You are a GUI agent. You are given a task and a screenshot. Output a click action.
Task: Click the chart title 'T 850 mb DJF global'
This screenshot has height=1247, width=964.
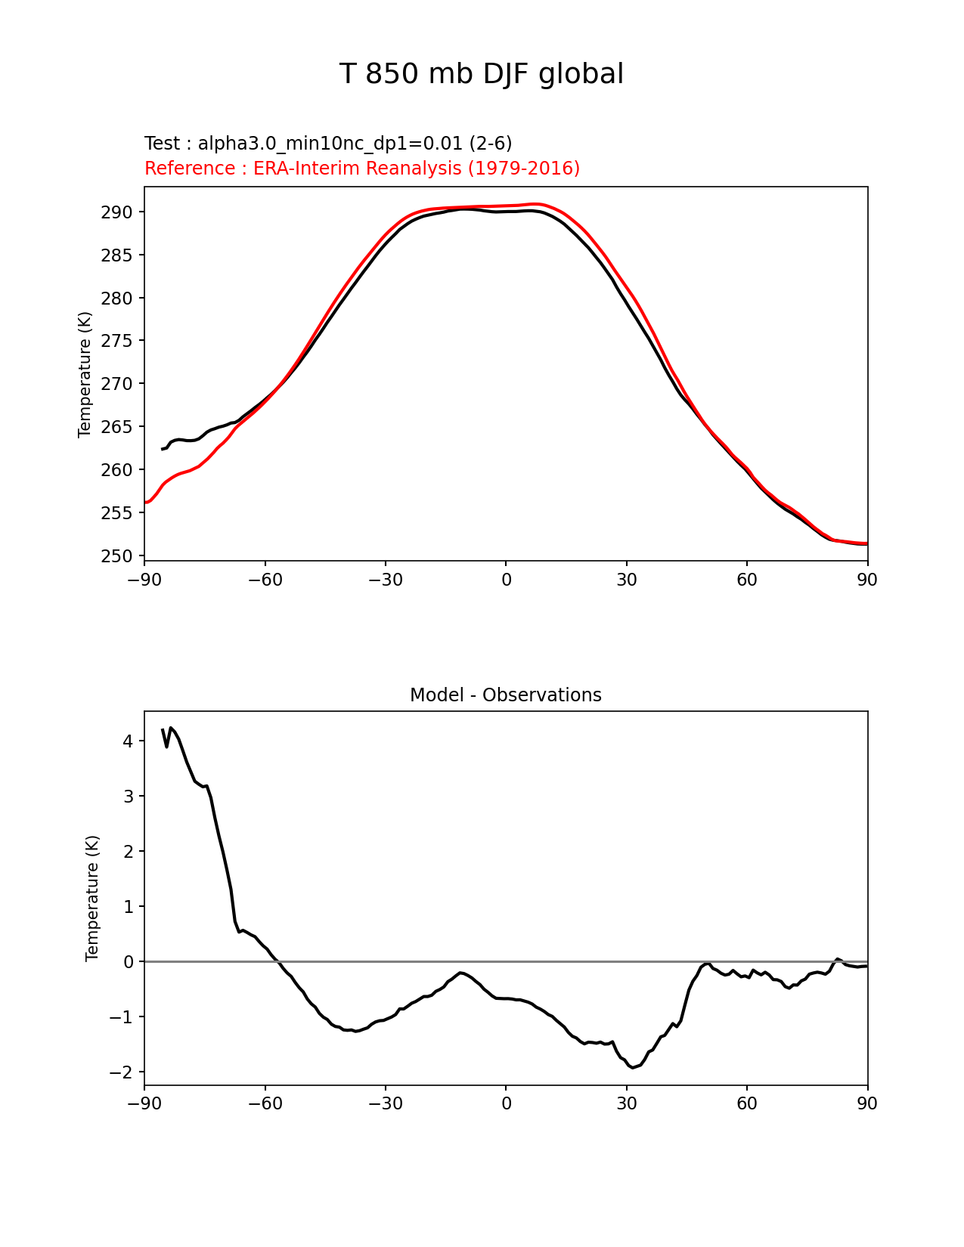point(481,74)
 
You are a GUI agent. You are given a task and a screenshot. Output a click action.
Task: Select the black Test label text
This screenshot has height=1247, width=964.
point(328,144)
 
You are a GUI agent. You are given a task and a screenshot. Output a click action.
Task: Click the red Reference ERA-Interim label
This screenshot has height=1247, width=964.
point(362,169)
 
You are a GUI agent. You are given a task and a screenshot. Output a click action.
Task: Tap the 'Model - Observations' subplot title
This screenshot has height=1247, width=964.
point(505,695)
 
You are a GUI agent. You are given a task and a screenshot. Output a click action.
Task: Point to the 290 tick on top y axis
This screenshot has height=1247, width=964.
point(116,212)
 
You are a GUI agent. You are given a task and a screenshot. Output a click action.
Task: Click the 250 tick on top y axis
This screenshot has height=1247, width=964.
point(116,556)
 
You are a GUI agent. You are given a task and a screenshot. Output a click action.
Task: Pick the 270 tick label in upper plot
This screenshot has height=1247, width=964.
point(116,384)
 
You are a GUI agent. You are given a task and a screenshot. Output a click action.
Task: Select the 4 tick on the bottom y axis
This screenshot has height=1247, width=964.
point(128,741)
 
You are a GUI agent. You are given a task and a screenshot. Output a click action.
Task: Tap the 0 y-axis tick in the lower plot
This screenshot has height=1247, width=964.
point(128,962)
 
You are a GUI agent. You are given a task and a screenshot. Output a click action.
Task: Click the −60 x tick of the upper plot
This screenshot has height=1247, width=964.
point(265,580)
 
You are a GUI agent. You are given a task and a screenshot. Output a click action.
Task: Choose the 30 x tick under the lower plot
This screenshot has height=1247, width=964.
point(626,1104)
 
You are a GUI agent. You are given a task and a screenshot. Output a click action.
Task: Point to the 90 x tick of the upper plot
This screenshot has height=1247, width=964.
point(867,580)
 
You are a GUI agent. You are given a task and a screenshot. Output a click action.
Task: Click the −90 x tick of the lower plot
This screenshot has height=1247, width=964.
point(144,1104)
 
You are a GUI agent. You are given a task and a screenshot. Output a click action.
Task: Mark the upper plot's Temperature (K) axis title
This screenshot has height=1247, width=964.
point(85,374)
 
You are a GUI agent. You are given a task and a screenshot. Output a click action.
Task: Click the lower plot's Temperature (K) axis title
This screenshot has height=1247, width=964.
point(92,898)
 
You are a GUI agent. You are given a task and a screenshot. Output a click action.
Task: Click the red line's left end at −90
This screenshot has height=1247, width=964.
point(145,503)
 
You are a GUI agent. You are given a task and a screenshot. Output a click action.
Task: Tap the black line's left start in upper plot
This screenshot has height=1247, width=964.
point(163,450)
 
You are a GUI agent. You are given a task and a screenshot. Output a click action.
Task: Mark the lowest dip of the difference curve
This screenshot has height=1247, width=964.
point(632,1067)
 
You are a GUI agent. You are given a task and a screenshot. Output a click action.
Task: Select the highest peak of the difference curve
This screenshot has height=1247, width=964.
point(171,728)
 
